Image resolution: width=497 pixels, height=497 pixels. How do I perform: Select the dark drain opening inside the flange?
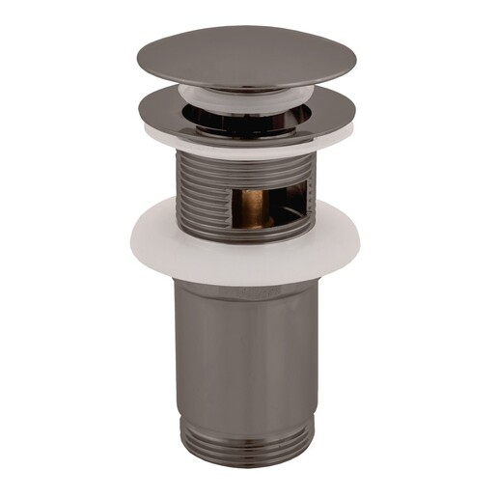[x=246, y=117]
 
